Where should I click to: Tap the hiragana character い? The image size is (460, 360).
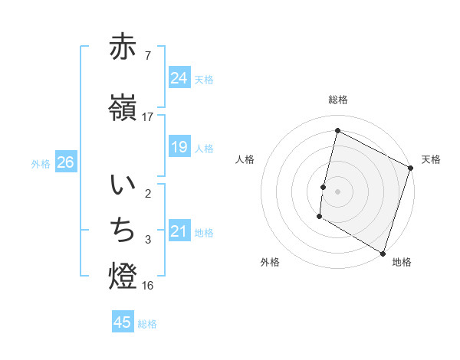point(123,185)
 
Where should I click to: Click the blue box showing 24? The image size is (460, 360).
point(179,78)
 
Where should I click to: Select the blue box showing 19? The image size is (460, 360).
point(179,146)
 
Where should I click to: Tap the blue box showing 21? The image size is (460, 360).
point(179,231)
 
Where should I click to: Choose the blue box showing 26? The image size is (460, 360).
point(65,162)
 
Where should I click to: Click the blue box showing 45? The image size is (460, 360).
point(123,322)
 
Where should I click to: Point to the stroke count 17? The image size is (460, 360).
point(148,117)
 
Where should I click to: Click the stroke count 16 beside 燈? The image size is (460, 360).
point(148,286)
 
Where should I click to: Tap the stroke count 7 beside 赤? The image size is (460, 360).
point(148,56)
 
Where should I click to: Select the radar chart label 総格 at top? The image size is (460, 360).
point(338,100)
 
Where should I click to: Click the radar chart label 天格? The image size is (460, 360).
point(431,159)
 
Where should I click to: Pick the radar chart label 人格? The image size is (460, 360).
point(245,159)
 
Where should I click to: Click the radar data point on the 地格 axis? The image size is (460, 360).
point(383,253)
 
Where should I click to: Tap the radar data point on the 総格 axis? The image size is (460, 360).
point(337,130)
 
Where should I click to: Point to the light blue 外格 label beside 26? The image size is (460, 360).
point(41,163)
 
